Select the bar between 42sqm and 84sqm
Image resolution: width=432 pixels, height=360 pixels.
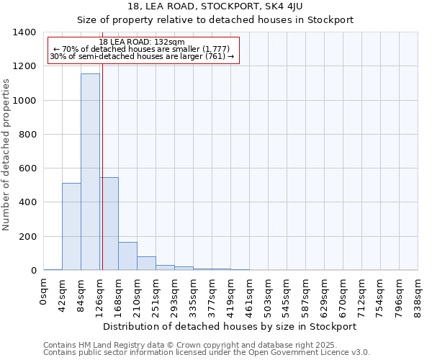coord(71,226)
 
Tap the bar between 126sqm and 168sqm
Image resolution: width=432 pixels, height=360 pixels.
coord(109,223)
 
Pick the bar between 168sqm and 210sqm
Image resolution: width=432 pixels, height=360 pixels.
coord(127,256)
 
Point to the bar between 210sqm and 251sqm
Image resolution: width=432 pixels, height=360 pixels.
coord(146,263)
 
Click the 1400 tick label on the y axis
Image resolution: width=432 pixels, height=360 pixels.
coord(24,32)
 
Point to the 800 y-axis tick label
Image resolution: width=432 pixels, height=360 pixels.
coord(27,135)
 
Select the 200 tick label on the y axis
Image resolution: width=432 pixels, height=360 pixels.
coord(27,237)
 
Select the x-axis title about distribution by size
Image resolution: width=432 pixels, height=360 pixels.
coord(230,326)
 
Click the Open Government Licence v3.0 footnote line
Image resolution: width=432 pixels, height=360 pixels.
coord(207,353)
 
